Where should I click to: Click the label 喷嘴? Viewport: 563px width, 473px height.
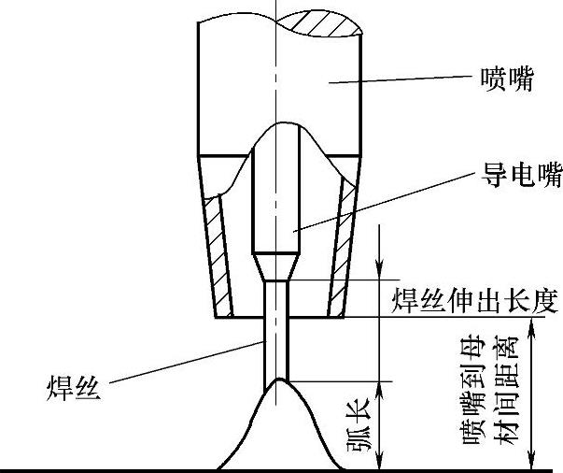[507, 80]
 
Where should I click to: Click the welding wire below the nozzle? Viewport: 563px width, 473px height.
[277, 346]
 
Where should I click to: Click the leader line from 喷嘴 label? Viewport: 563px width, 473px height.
[392, 82]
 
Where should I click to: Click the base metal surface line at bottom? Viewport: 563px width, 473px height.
[140, 468]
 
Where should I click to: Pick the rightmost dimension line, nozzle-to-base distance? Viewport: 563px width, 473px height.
[533, 393]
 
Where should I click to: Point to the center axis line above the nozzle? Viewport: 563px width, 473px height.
[276, 9]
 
